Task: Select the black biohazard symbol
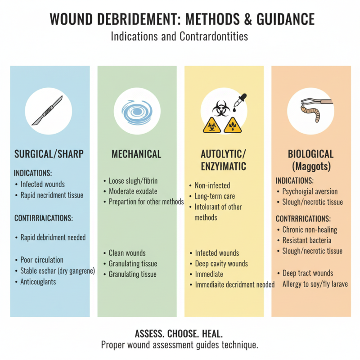click(x=221, y=108)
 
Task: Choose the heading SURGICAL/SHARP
click(x=49, y=154)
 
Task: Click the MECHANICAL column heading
click(x=136, y=154)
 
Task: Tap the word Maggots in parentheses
click(x=311, y=166)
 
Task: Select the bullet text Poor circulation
click(x=42, y=260)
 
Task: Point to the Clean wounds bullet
click(x=127, y=253)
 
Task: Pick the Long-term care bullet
click(x=215, y=196)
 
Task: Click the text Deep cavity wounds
click(x=221, y=264)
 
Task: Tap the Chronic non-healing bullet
click(x=310, y=229)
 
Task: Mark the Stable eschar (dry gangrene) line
click(x=58, y=271)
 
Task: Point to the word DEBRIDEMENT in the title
click(x=129, y=19)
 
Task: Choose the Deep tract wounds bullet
click(x=308, y=273)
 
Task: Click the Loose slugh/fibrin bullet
click(x=133, y=181)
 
